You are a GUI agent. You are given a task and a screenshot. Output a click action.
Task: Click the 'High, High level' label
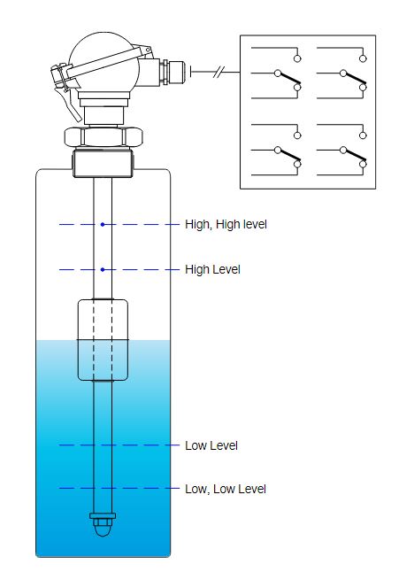click(x=226, y=224)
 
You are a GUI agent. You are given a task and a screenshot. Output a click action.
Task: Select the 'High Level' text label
click(x=212, y=269)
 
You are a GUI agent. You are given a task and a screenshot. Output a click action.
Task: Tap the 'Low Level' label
click(x=211, y=445)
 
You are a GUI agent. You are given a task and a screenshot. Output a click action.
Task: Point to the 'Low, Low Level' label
click(x=226, y=489)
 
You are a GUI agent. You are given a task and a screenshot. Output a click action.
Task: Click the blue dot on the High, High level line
click(x=103, y=224)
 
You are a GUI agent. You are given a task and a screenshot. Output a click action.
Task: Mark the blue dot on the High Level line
click(x=103, y=269)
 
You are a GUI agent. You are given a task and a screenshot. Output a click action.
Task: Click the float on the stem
click(x=103, y=340)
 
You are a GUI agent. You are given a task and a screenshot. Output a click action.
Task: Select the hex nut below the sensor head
click(x=103, y=136)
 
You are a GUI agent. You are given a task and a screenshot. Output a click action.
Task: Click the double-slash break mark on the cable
click(x=218, y=73)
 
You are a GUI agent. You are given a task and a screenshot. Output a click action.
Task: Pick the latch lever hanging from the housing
click(x=69, y=104)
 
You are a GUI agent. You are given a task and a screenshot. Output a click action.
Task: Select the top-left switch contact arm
click(x=289, y=79)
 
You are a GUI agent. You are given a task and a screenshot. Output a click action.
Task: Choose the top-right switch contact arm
click(x=355, y=79)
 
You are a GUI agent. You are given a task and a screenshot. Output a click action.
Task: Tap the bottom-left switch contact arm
click(x=289, y=156)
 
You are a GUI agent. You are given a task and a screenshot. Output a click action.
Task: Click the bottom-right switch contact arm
click(x=355, y=156)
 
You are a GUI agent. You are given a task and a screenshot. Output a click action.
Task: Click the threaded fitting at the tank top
click(x=103, y=163)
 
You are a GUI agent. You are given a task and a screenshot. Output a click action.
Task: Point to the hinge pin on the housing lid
click(x=148, y=49)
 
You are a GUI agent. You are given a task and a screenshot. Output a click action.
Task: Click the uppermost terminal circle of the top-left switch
click(x=297, y=58)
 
